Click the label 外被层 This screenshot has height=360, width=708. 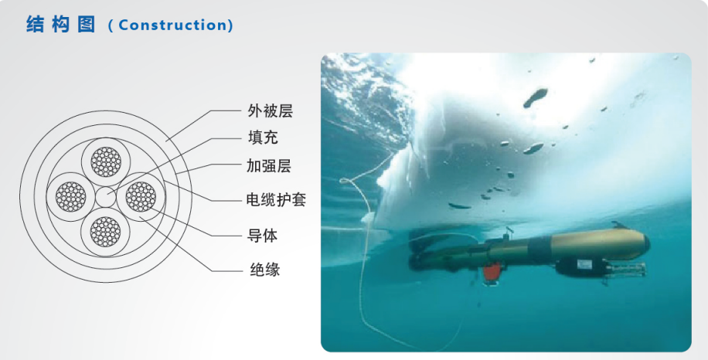click(270, 110)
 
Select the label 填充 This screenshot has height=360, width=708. click(262, 138)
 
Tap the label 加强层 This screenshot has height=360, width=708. click(269, 166)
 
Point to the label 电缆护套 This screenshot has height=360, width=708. click(276, 199)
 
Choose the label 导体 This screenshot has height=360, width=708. click(262, 236)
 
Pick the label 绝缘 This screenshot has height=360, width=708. click(265, 270)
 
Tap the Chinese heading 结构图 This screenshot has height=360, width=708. click(60, 25)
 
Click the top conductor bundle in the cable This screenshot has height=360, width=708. click(106, 161)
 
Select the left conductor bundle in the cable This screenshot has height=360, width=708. click(71, 197)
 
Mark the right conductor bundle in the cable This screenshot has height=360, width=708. click(141, 196)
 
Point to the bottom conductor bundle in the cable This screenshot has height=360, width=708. click(105, 232)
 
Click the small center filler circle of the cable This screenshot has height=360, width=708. click(106, 197)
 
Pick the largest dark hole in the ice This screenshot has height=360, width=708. click(536, 97)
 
